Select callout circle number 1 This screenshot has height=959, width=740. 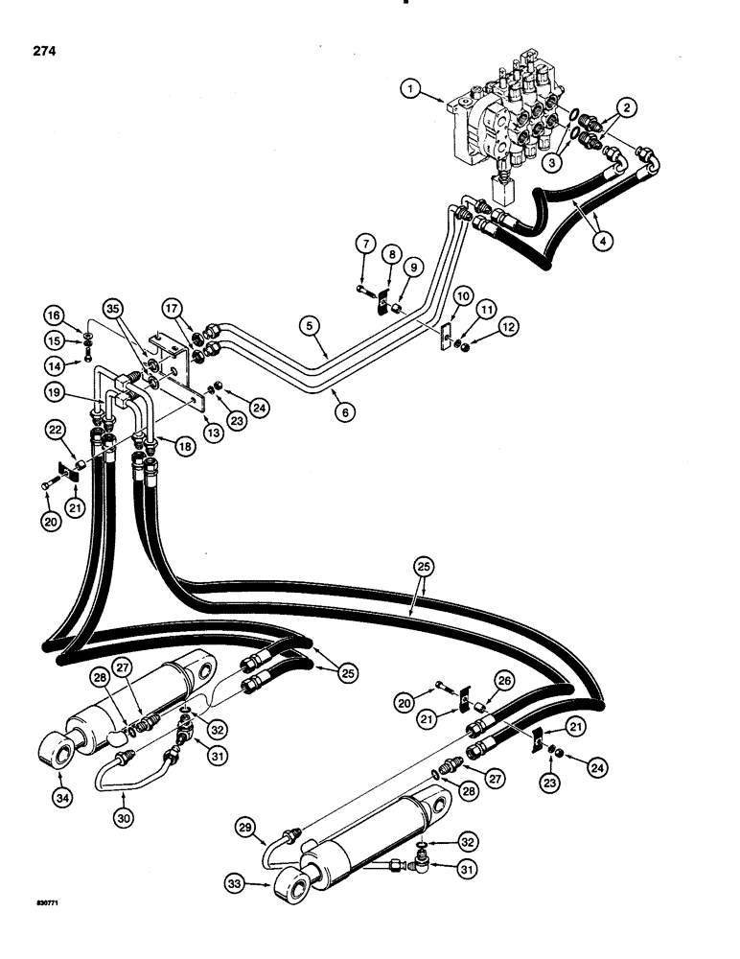[412, 91]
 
